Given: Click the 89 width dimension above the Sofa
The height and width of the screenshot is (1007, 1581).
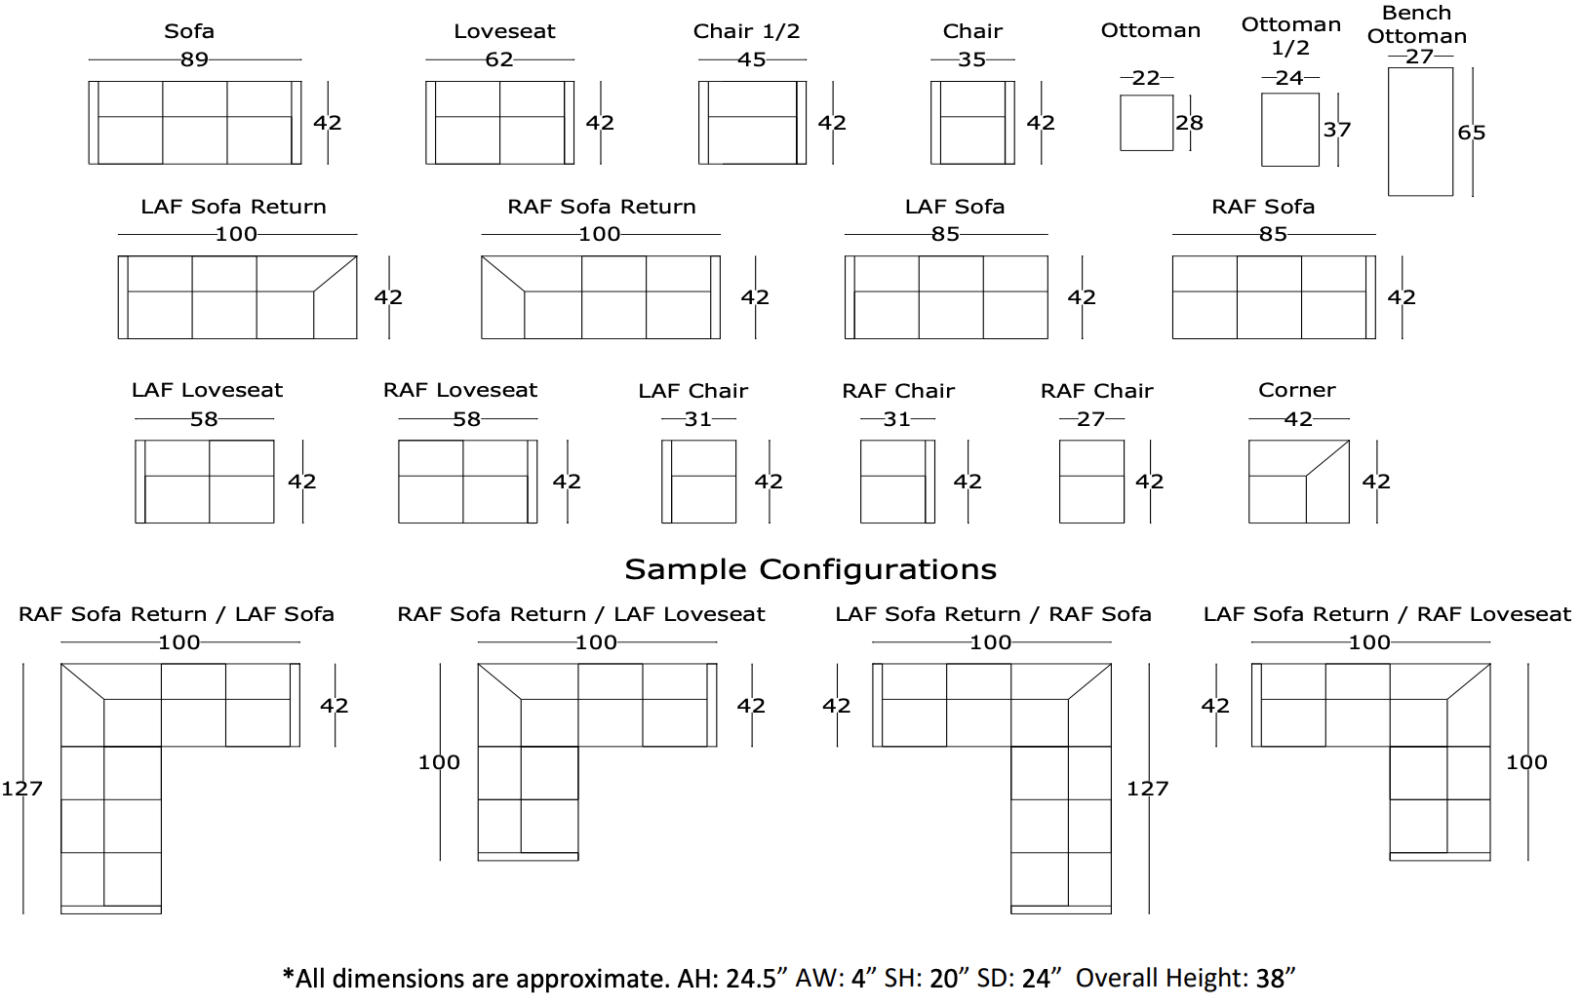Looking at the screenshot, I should tap(194, 59).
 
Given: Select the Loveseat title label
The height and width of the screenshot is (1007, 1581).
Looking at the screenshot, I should tap(504, 31).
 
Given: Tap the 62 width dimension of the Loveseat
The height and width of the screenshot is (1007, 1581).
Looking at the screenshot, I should tap(499, 59).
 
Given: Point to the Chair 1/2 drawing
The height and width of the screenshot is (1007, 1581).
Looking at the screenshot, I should tap(752, 123).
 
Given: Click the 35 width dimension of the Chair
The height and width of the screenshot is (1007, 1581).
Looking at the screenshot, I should tap(971, 59).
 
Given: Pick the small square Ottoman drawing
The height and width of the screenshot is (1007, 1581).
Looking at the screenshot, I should tap(1146, 123).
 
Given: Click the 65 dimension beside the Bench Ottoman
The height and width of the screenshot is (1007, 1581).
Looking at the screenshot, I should tap(1471, 133).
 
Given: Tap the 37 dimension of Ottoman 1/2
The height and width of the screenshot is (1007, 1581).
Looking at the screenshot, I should tap(1336, 130).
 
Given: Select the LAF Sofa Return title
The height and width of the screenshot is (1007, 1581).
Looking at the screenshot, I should tap(233, 207).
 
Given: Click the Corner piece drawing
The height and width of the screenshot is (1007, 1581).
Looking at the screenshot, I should tap(1298, 482).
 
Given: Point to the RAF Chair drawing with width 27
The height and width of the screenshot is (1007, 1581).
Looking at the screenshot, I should tap(1091, 482).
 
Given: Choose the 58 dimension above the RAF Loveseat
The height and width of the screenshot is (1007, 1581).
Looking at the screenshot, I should tap(466, 419).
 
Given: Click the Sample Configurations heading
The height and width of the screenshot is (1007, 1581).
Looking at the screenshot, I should tap(810, 569).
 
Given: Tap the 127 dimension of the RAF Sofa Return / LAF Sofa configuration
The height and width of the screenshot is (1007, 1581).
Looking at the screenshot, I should tap(21, 789).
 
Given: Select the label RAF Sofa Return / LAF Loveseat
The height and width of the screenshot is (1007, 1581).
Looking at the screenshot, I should tap(580, 614).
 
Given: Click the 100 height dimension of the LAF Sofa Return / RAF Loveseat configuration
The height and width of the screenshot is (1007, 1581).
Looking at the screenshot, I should tap(1526, 762).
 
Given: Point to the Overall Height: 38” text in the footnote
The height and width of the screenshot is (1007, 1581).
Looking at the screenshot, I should tap(1185, 978).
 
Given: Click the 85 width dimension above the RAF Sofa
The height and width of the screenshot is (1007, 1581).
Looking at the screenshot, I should tap(1273, 234).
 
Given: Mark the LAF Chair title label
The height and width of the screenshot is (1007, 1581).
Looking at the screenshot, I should tap(692, 391).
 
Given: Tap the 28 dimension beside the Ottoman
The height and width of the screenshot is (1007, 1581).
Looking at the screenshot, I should tap(1189, 123).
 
